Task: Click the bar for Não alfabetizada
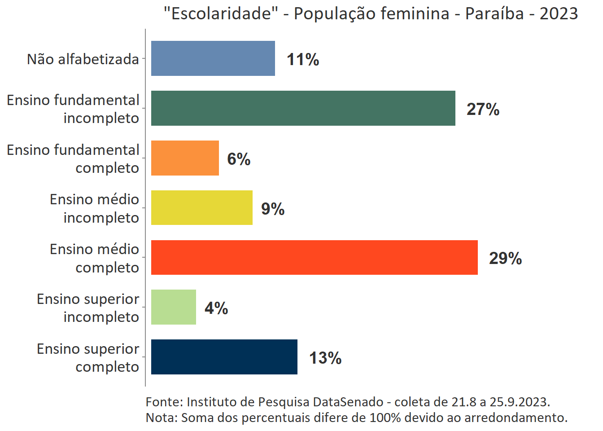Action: [x=213, y=58]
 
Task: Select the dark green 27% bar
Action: [x=303, y=108]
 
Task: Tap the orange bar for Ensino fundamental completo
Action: [x=185, y=158]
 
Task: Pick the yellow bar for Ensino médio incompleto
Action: [x=201, y=208]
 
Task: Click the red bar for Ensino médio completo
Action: [x=314, y=257]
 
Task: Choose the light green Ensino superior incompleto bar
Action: [x=173, y=307]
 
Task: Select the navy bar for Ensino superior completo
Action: [x=224, y=357]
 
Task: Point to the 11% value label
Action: [x=303, y=59]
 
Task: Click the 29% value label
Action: [x=505, y=258]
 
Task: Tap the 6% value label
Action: [x=239, y=159]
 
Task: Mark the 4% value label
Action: [x=216, y=308]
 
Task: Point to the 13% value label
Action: [x=325, y=358]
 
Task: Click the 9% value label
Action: [x=273, y=209]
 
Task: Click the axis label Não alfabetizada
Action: [x=83, y=59]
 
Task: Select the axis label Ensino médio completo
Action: [x=94, y=258]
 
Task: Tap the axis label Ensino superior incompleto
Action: [x=88, y=308]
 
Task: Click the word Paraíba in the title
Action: [x=494, y=13]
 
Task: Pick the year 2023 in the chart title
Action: [x=559, y=13]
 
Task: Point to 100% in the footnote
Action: [x=385, y=418]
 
